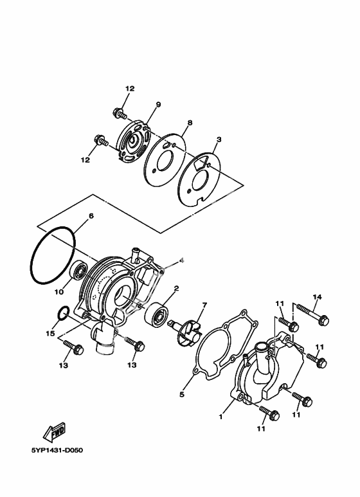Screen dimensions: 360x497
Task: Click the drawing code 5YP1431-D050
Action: click(x=57, y=451)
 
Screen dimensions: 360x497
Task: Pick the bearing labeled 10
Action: click(x=78, y=271)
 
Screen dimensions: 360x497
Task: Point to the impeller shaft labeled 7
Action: click(x=188, y=330)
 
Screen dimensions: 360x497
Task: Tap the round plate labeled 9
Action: click(x=134, y=141)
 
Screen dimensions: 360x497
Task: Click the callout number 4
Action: click(x=181, y=260)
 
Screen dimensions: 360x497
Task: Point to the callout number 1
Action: click(x=221, y=417)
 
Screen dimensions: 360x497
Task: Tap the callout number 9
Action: click(x=158, y=104)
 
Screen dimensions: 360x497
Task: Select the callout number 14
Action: click(x=317, y=297)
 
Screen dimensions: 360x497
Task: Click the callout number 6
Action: click(x=91, y=216)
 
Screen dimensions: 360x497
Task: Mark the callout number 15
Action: click(x=50, y=333)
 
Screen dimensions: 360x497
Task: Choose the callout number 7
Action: click(x=204, y=305)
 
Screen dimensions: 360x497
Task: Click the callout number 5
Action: click(x=181, y=394)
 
